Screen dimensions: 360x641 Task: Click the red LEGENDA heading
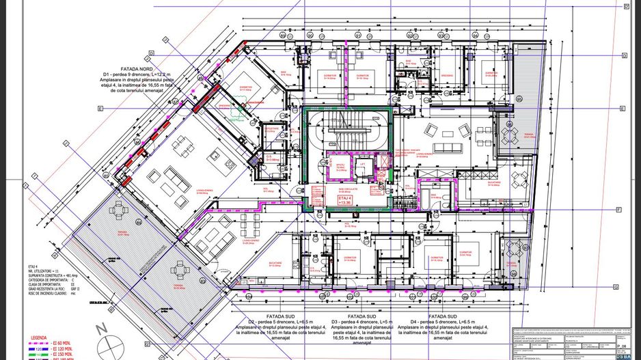[x=39, y=337]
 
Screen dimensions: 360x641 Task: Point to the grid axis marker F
[x=618, y=209]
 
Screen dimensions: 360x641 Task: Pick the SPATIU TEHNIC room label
[x=340, y=166]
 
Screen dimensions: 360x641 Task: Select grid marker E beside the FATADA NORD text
[x=100, y=109]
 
